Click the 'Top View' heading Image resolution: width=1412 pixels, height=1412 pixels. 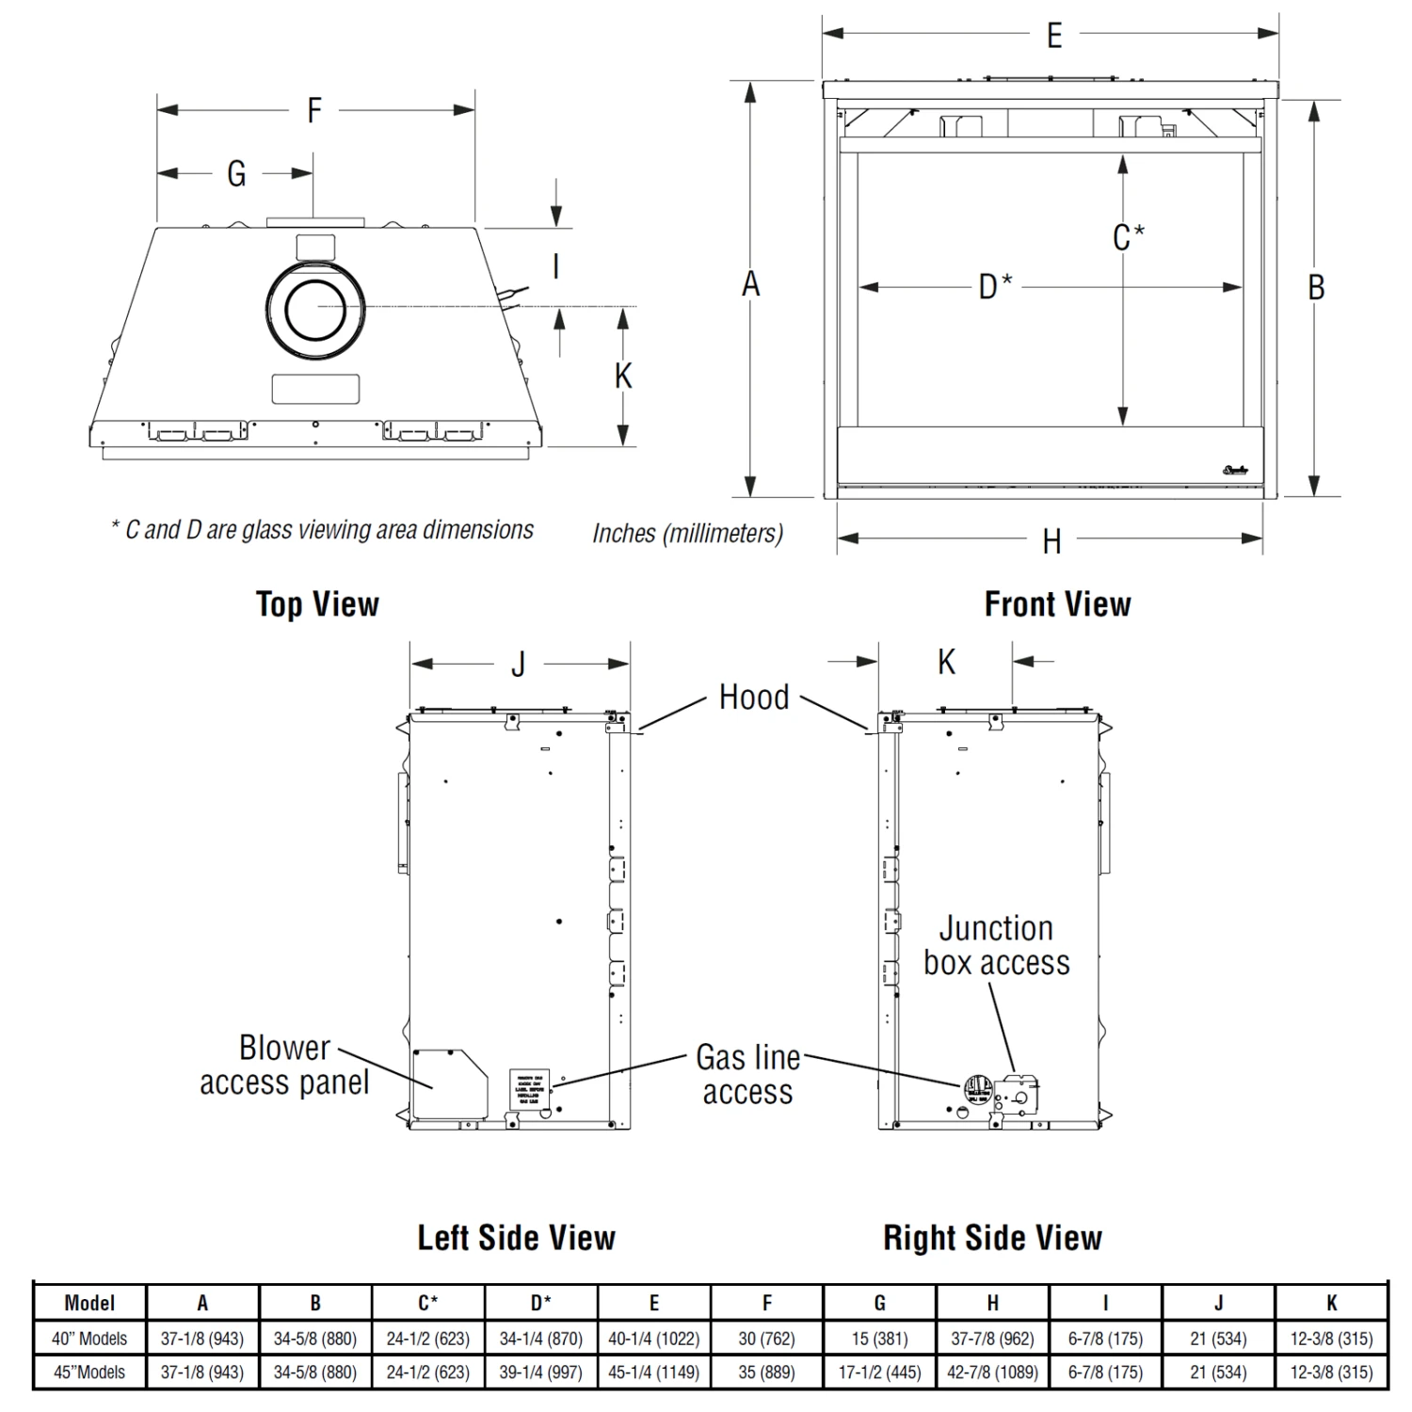pyautogui.click(x=317, y=604)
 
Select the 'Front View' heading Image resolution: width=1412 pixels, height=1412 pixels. pyautogui.click(x=1057, y=604)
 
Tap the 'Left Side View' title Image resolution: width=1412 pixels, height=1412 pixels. pyautogui.click(x=516, y=1238)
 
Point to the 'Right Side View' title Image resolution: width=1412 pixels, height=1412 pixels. pyautogui.click(x=992, y=1238)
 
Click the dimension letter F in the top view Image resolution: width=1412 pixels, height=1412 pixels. pyautogui.click(x=314, y=111)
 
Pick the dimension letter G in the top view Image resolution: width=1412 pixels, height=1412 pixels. pyautogui.click(x=236, y=174)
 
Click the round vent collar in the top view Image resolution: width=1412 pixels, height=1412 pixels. pyautogui.click(x=316, y=307)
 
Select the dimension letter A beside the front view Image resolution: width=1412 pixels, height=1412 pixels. pyautogui.click(x=750, y=284)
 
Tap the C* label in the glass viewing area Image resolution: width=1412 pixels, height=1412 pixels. pyautogui.click(x=1128, y=237)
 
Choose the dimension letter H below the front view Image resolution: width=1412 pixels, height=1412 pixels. pyautogui.click(x=1051, y=541)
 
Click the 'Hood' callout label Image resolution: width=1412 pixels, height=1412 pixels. pyautogui.click(x=754, y=698)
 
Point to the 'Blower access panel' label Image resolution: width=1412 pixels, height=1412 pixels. pyautogui.click(x=284, y=1066)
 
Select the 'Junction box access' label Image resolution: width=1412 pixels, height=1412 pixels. pyautogui.click(x=997, y=945)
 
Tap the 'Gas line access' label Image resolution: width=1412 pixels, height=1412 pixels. pyautogui.click(x=747, y=1075)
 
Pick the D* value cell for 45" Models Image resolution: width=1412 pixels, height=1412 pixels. pyautogui.click(x=541, y=1372)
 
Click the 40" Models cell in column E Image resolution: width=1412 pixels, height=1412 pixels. pyautogui.click(x=654, y=1338)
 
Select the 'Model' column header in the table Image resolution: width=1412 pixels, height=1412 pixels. pyautogui.click(x=89, y=1303)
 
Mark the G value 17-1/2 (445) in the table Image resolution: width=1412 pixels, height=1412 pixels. pyautogui.click(x=880, y=1372)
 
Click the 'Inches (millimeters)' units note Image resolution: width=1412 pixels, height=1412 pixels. pyautogui.click(x=687, y=534)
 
